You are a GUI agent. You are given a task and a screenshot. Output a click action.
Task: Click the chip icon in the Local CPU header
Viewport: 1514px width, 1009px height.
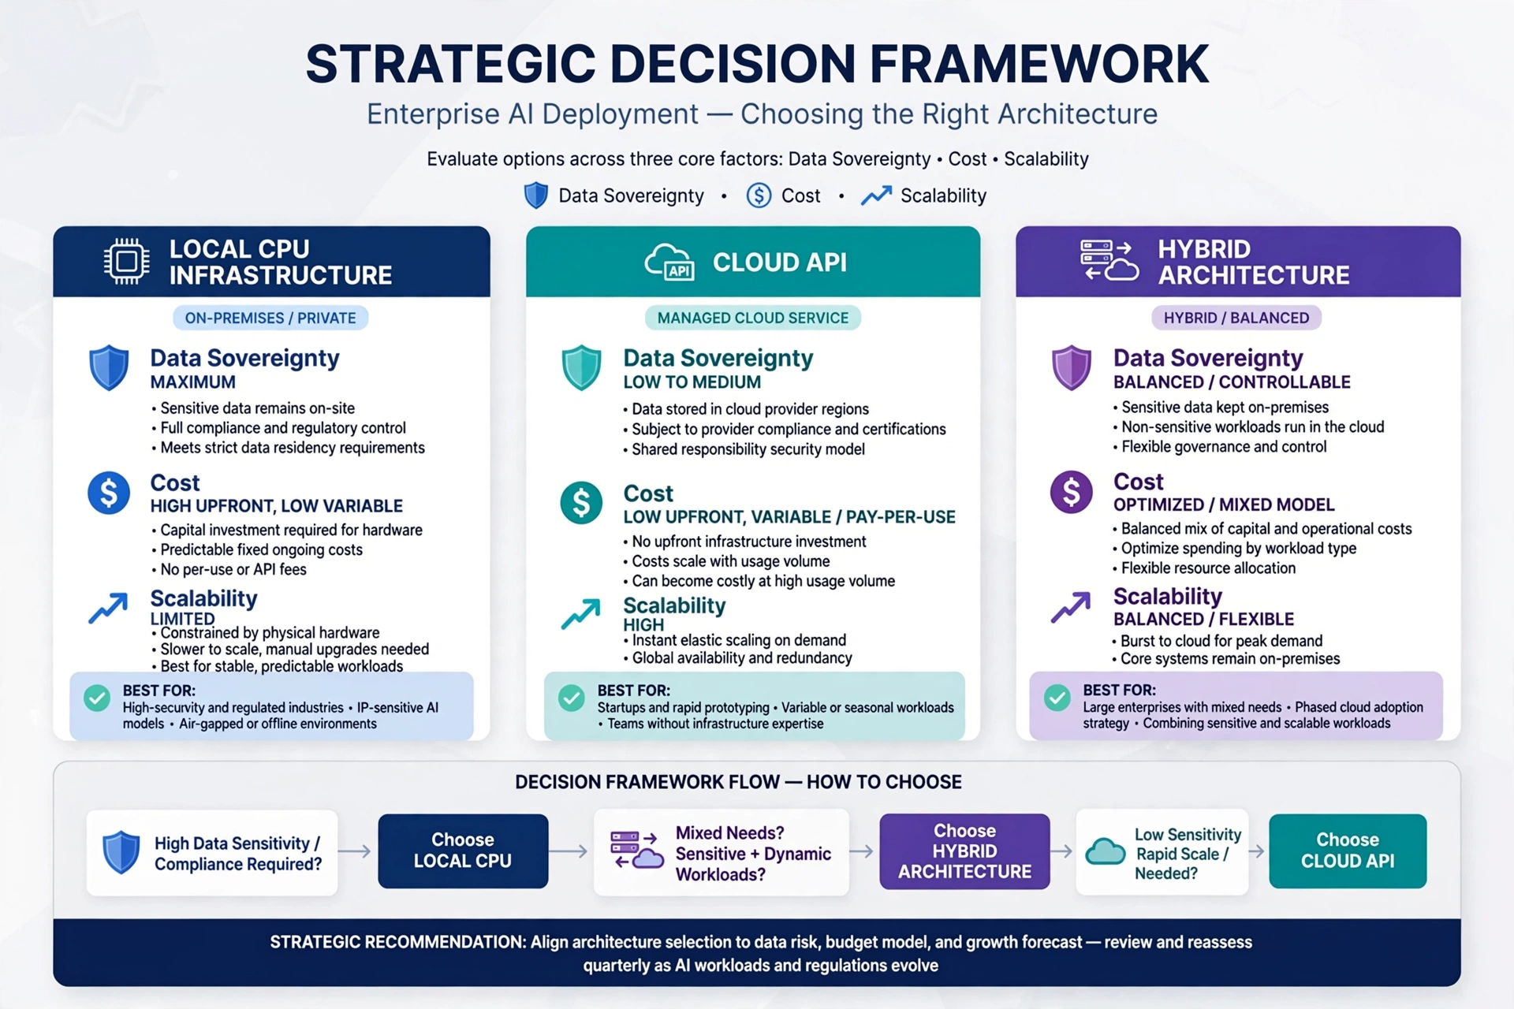coord(126,261)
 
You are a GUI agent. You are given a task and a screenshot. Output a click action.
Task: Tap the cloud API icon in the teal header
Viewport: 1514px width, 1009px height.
coord(669,262)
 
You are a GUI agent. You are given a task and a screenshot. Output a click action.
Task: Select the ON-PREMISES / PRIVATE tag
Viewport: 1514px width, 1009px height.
coord(270,318)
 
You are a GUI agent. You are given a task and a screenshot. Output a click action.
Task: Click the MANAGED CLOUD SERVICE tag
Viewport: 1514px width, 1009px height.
coord(753,318)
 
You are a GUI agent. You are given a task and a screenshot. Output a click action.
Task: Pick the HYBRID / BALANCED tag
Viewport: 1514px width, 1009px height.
coord(1236,318)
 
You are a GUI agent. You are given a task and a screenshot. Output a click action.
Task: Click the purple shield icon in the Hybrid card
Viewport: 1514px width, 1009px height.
coord(1072,367)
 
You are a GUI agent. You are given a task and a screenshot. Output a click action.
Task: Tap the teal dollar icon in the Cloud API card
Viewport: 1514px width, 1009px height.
coord(581,502)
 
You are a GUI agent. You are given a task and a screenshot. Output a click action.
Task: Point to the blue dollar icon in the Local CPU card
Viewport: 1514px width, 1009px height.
coord(109,493)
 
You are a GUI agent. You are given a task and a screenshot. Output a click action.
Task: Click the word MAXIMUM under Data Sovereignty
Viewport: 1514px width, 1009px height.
coord(193,382)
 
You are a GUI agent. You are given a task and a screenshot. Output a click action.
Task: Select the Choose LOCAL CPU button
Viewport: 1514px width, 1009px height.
coord(463,851)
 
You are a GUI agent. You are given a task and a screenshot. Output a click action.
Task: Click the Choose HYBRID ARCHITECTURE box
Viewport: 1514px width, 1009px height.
coord(964,851)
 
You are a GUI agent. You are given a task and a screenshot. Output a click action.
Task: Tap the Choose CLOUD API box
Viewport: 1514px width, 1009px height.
coord(1348,851)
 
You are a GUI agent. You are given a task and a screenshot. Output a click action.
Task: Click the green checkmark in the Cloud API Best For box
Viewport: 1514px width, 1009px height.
coord(571,698)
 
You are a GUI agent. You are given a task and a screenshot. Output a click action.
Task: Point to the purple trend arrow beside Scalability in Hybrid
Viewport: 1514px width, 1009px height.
coord(1071,607)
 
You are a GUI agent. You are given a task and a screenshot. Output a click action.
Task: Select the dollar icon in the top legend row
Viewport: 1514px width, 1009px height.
coord(759,195)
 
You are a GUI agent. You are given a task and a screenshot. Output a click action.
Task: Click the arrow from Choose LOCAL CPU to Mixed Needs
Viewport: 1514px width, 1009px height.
coord(569,851)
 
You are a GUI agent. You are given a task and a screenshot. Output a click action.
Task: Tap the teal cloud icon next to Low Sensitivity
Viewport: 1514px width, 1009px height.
coord(1106,851)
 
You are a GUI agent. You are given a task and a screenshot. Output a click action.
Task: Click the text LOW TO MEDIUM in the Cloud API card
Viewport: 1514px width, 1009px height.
coord(692,382)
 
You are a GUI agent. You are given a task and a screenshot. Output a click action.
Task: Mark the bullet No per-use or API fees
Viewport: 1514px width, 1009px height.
coord(229,569)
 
